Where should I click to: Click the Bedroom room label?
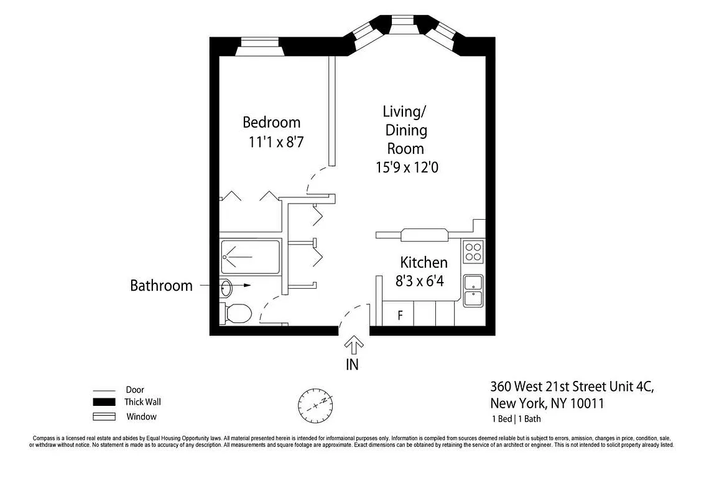click(x=271, y=122)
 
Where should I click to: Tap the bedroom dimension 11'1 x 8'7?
click(x=276, y=143)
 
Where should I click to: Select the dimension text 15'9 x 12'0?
click(x=407, y=167)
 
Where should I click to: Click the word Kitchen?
click(x=424, y=262)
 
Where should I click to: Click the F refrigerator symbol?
click(x=401, y=316)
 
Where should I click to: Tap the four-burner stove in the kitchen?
click(x=473, y=251)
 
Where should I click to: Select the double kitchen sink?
click(x=473, y=291)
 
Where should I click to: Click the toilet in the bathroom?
click(x=236, y=313)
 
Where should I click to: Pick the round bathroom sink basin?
click(x=226, y=288)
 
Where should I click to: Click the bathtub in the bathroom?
click(x=250, y=256)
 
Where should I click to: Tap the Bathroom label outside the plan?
click(x=161, y=286)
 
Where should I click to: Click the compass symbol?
click(x=316, y=403)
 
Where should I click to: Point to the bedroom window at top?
click(x=261, y=47)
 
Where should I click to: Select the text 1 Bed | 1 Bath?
click(x=516, y=419)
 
